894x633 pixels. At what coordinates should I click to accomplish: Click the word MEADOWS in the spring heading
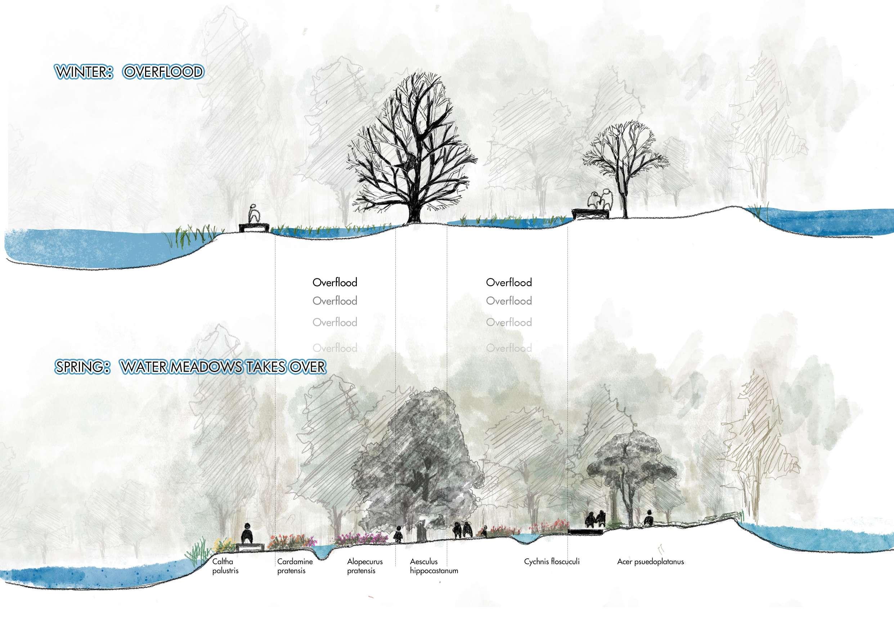pos(208,367)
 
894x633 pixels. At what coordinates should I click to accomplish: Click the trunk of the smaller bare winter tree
pos(625,203)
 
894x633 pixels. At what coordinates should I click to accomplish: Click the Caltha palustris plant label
pos(225,566)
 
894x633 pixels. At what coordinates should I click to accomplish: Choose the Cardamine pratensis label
pos(291,566)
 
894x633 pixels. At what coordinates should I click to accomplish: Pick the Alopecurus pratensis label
pos(364,566)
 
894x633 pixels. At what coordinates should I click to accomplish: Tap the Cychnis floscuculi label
pos(552,562)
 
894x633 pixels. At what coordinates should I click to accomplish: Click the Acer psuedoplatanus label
pos(650,562)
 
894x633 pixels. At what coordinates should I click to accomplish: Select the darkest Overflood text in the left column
pos(335,282)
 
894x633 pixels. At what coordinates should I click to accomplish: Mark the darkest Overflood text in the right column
pos(509,282)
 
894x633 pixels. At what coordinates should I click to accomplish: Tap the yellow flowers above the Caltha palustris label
pos(223,544)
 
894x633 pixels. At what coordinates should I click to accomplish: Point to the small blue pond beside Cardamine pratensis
pos(322,551)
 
